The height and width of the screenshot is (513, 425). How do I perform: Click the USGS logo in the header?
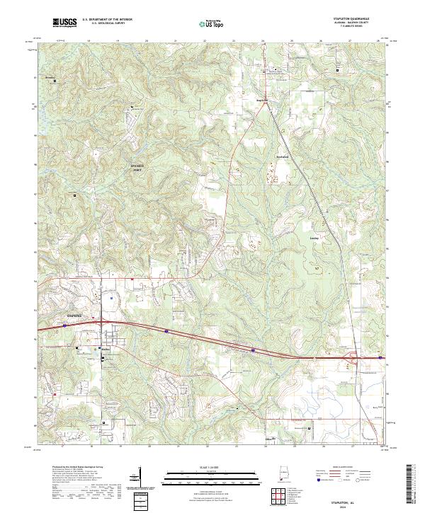(x=65, y=23)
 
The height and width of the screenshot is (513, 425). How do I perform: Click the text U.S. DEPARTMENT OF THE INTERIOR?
(x=107, y=20)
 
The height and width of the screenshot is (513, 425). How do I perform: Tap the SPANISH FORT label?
(x=142, y=167)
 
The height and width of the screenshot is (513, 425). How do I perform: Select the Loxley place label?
(x=315, y=238)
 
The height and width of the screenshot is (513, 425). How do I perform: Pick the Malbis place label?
(x=103, y=348)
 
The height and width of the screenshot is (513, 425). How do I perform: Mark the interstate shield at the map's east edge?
(x=381, y=358)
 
